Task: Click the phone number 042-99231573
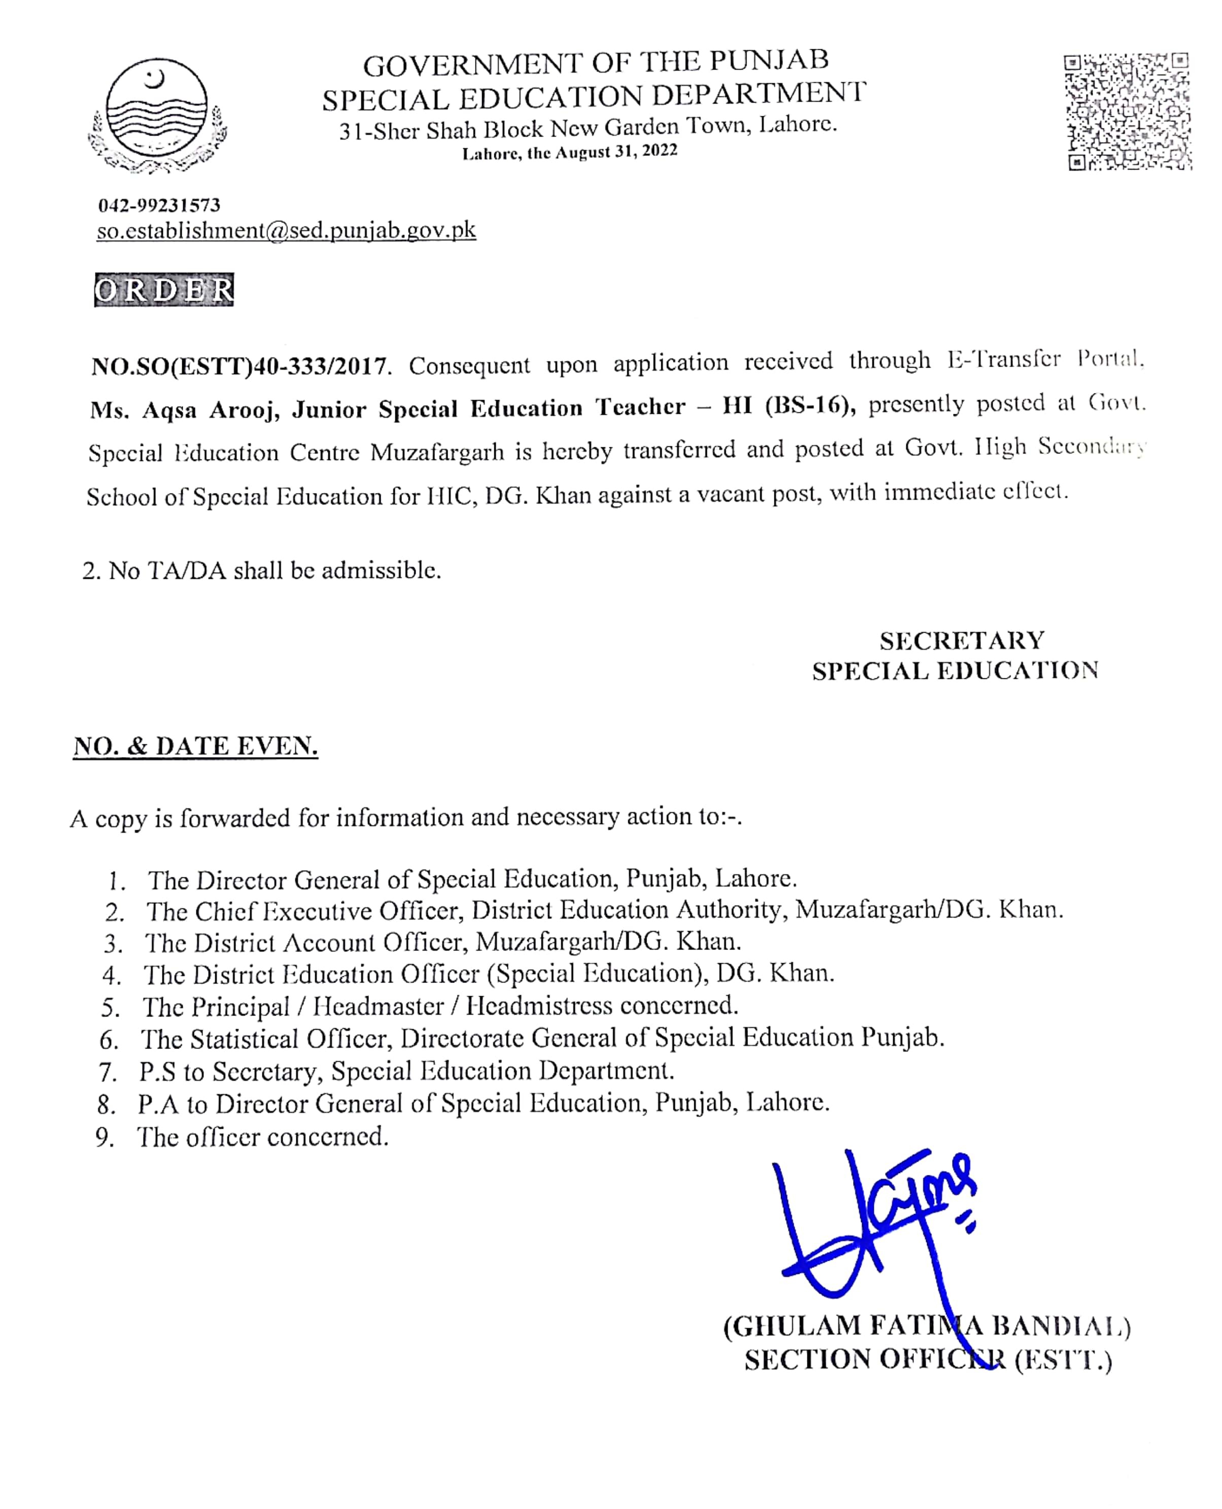click(x=159, y=205)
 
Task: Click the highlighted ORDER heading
click(x=164, y=290)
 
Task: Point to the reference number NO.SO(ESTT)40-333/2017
click(x=240, y=366)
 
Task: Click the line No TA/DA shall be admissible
click(x=262, y=570)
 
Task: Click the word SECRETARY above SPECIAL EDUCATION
click(x=962, y=640)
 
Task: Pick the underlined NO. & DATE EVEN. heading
click(x=196, y=746)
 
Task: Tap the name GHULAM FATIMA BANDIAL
click(x=926, y=1326)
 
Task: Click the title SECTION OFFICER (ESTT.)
click(x=928, y=1359)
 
